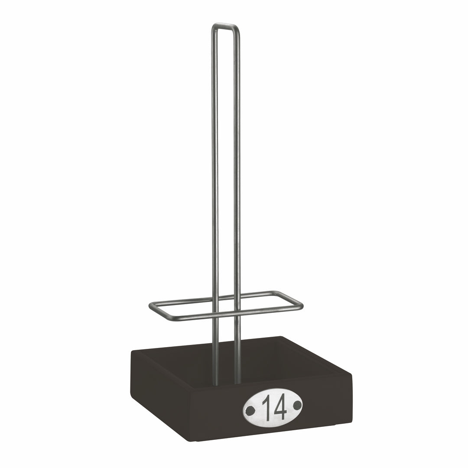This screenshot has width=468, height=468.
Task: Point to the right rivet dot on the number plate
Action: tap(297, 405)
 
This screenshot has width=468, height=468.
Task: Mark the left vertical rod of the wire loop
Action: tap(214, 173)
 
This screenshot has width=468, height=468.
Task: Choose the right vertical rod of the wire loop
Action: tap(237, 173)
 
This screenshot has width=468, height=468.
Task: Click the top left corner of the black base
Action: tap(133, 352)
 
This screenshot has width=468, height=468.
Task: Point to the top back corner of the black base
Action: tap(281, 337)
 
